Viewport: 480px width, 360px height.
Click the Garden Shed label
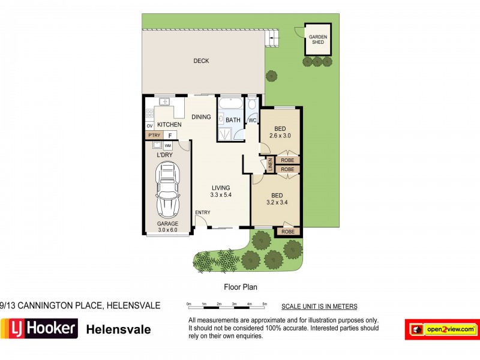318,40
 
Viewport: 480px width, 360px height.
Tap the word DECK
200,61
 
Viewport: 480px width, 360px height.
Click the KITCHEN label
169,125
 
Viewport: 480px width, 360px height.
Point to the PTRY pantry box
154,136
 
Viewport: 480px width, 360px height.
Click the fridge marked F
170,136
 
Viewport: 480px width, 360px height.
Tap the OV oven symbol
149,126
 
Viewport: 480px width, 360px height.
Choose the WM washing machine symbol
167,146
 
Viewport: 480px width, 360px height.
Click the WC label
253,120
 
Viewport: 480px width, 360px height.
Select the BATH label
233,120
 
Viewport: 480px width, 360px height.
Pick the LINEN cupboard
269,165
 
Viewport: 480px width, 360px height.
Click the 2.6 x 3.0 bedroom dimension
280,136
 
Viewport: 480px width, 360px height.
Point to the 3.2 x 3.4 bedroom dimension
277,203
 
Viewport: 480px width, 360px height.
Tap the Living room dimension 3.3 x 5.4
220,195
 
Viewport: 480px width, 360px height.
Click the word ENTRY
203,213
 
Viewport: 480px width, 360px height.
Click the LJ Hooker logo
39,329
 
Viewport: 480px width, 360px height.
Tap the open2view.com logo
442,329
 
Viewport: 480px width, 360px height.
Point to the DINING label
201,117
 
